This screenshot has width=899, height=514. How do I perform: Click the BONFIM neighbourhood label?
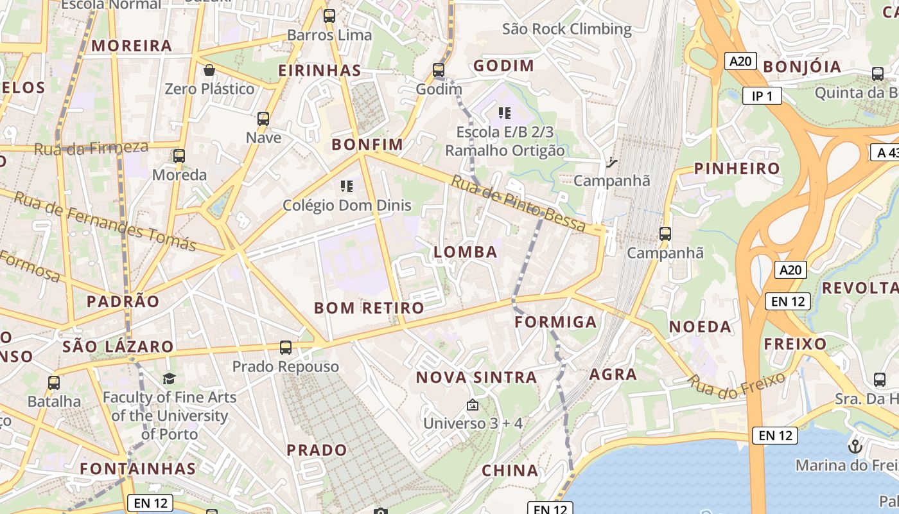(x=367, y=145)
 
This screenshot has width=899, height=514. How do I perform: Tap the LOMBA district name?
(x=466, y=252)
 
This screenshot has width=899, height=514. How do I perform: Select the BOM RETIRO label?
(x=369, y=308)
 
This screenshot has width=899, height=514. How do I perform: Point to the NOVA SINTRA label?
(x=476, y=377)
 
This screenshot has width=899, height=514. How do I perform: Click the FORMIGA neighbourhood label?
(x=556, y=322)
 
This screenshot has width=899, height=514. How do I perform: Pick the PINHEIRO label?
(x=737, y=169)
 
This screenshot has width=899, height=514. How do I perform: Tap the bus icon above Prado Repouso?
(x=286, y=348)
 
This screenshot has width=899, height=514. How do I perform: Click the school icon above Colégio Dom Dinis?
(x=347, y=186)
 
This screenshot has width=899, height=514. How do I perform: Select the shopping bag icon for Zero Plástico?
(x=209, y=69)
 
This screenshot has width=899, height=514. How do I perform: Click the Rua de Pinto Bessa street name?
(x=518, y=203)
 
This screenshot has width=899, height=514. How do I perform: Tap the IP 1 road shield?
(x=762, y=96)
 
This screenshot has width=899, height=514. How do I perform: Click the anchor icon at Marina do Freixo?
(x=855, y=446)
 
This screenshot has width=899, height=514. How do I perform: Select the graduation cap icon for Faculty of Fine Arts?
(x=169, y=378)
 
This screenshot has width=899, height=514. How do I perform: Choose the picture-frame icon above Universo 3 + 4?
(x=473, y=405)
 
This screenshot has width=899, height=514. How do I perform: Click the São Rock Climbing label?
(x=567, y=29)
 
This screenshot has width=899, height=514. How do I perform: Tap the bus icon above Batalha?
(x=54, y=383)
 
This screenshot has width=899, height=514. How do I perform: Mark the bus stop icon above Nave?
(x=263, y=119)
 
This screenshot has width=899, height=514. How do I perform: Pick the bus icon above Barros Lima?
(x=329, y=16)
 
